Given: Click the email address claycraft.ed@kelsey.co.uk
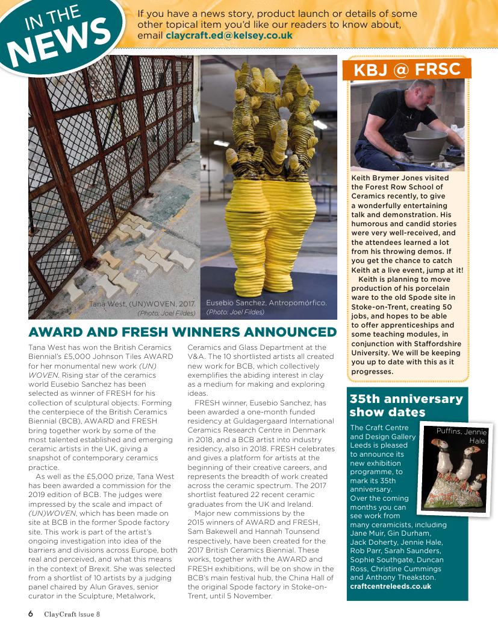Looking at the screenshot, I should coord(229,36).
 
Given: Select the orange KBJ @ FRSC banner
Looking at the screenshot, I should coord(406,69).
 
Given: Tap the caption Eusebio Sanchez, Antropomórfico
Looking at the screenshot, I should coord(266,302).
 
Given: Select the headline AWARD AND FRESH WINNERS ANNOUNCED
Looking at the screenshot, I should coord(182,332).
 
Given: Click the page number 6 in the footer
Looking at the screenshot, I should coord(30,614).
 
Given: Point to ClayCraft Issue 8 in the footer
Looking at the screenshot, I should coord(72,615).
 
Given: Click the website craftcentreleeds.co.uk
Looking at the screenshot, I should coord(390,586).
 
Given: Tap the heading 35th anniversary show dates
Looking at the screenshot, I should coord(406,405).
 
